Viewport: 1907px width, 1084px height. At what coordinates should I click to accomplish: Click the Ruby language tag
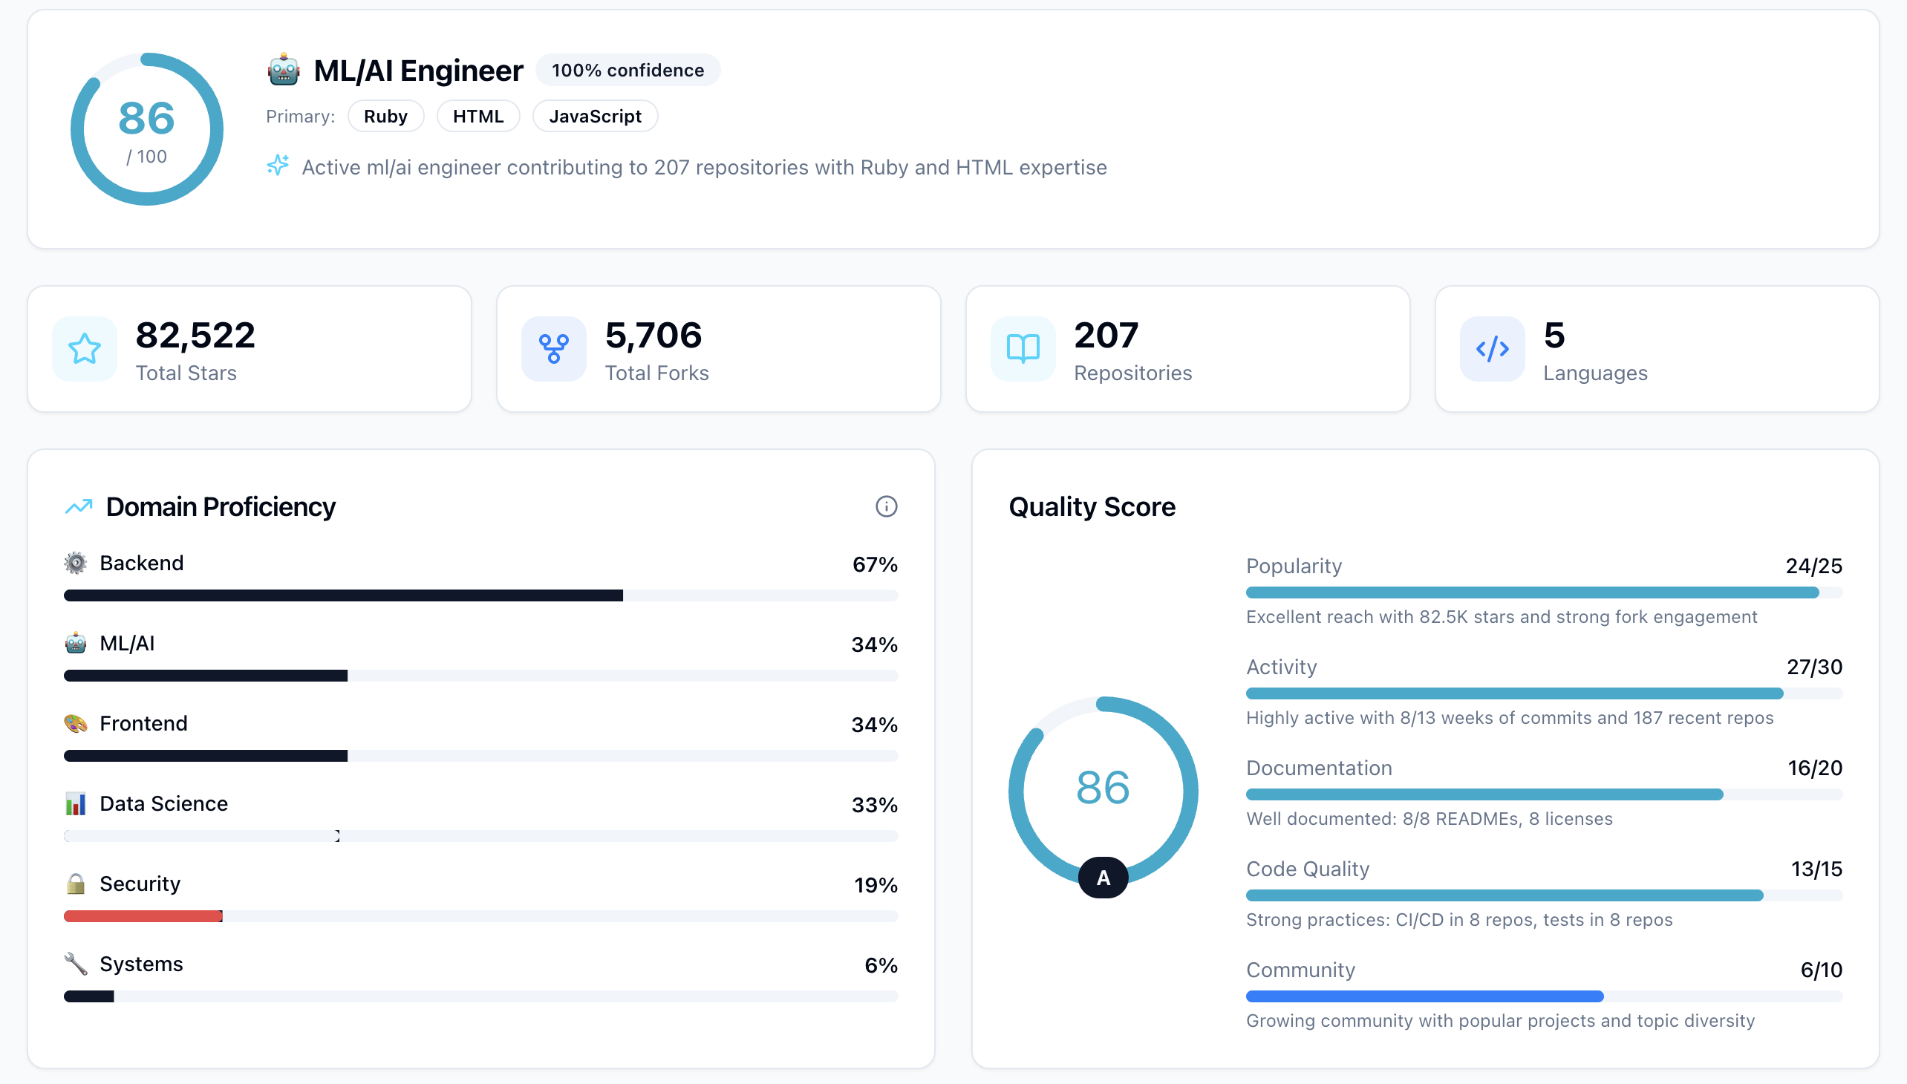coord(385,116)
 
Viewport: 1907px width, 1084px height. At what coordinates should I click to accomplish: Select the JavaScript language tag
coord(594,116)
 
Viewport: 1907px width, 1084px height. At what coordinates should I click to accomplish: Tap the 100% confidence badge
coord(627,70)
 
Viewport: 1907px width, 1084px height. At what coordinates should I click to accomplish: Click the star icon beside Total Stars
coord(85,348)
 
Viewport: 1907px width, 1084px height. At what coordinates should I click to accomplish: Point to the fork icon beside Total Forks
coord(553,348)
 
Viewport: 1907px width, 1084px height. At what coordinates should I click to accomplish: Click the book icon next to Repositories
coord(1023,348)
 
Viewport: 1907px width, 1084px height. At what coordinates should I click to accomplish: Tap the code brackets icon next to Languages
coord(1491,348)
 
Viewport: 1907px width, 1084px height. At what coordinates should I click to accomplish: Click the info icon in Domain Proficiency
coord(885,506)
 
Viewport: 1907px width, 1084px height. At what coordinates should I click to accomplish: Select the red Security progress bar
coord(143,915)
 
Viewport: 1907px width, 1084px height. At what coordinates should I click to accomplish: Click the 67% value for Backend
coord(874,564)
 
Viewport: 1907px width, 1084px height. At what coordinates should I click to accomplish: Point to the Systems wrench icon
coord(75,964)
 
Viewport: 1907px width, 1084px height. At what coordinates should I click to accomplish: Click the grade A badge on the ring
coord(1103,878)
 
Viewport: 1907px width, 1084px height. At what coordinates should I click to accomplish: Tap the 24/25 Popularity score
coord(1813,566)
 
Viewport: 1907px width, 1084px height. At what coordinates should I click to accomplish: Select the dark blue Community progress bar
coord(1424,996)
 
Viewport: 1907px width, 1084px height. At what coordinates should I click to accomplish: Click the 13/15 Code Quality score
coord(1816,869)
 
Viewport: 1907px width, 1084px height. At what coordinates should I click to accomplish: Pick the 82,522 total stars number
coord(195,335)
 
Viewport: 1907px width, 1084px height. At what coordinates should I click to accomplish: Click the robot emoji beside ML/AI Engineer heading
coord(284,70)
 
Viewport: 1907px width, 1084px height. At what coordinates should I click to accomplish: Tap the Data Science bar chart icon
coord(75,803)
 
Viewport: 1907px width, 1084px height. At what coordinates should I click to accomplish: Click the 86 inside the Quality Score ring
coord(1103,787)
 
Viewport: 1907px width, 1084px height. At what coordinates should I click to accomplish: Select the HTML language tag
coord(478,116)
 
